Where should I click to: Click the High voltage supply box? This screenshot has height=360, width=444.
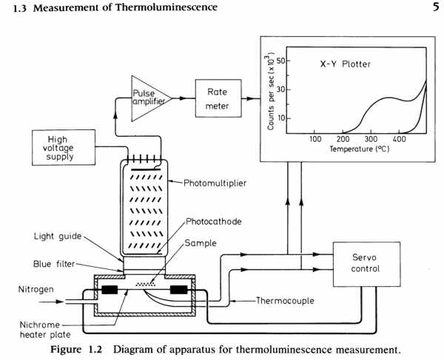pos(64,147)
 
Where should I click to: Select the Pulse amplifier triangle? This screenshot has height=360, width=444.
pos(151,98)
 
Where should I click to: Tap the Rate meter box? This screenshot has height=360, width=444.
pos(218,98)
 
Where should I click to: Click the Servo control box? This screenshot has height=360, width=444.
pos(366,264)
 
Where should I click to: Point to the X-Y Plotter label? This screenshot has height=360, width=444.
pos(345,64)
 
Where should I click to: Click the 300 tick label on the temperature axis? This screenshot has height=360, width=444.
pos(371,139)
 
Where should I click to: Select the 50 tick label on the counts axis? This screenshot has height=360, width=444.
pos(281,61)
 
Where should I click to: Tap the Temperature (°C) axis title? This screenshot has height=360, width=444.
pos(360,149)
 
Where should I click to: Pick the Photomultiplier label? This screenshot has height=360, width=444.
pos(215,183)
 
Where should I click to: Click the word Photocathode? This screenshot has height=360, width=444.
pos(214,222)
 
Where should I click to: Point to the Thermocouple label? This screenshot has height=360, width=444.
pos(285,300)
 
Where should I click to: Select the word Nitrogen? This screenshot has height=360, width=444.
pos(36,290)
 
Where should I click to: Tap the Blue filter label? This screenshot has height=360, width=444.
pos(54,264)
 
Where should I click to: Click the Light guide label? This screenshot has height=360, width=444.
pos(58,236)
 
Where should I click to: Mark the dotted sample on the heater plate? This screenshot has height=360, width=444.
pos(146,284)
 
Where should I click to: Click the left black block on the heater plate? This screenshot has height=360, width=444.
pos(110,290)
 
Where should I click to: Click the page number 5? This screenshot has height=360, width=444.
pos(436,7)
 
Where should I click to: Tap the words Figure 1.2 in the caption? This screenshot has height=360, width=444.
pos(76,350)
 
